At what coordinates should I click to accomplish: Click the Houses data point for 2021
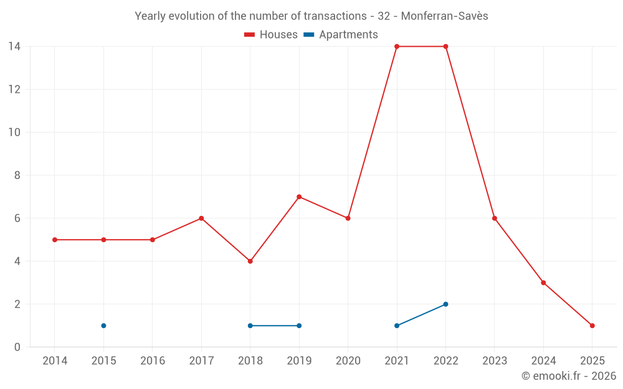[x=397, y=47]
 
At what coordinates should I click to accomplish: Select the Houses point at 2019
[x=299, y=197]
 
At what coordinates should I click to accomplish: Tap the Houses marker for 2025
[x=592, y=326]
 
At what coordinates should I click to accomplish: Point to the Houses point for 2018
[x=250, y=261]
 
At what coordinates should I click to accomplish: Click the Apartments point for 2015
[x=103, y=326]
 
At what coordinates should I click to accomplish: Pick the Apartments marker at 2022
[x=445, y=304]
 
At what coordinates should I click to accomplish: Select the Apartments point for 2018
[x=250, y=326]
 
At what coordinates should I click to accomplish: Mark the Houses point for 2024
[x=543, y=283]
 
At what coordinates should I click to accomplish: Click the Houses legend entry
[x=271, y=35]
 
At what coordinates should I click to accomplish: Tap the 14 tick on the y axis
[x=14, y=47]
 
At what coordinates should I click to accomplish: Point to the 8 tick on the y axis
[x=17, y=176]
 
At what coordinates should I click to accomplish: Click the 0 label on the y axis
[x=17, y=347]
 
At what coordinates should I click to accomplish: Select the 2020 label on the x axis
[x=348, y=361]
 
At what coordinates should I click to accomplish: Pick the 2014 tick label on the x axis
[x=55, y=361]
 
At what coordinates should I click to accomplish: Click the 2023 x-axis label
[x=495, y=361]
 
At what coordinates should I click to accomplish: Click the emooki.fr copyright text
[x=569, y=376]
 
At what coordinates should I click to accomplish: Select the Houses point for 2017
[x=201, y=218]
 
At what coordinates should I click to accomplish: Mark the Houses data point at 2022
[x=445, y=47]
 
